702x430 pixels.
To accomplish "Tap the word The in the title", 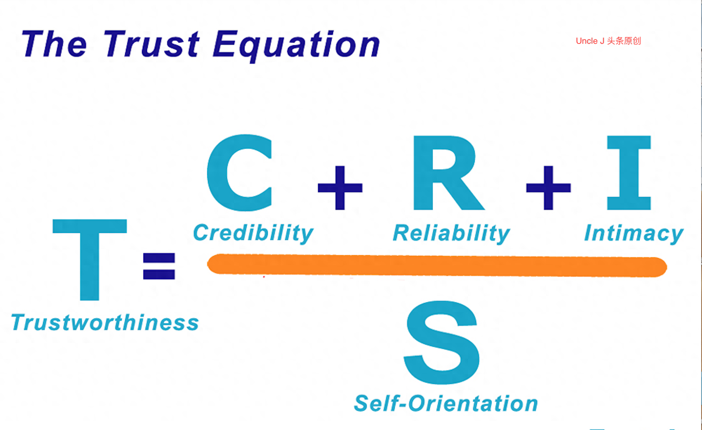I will (54, 45).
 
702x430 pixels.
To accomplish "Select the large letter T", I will (90, 258).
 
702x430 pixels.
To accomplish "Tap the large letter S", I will (442, 343).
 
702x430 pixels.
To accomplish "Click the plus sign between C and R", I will (340, 187).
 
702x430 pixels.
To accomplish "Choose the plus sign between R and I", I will (548, 187).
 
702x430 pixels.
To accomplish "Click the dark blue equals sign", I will (159, 266).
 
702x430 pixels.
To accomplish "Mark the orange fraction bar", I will (437, 266).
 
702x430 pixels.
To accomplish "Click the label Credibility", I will (253, 233).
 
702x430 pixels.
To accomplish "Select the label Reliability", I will (451, 233).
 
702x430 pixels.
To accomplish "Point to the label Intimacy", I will (634, 233).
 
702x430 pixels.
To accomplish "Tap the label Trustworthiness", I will (105, 322).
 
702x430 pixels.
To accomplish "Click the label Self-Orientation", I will (446, 403).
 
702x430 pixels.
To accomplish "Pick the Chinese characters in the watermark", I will (624, 41).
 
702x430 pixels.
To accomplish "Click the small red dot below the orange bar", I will (264, 277).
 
